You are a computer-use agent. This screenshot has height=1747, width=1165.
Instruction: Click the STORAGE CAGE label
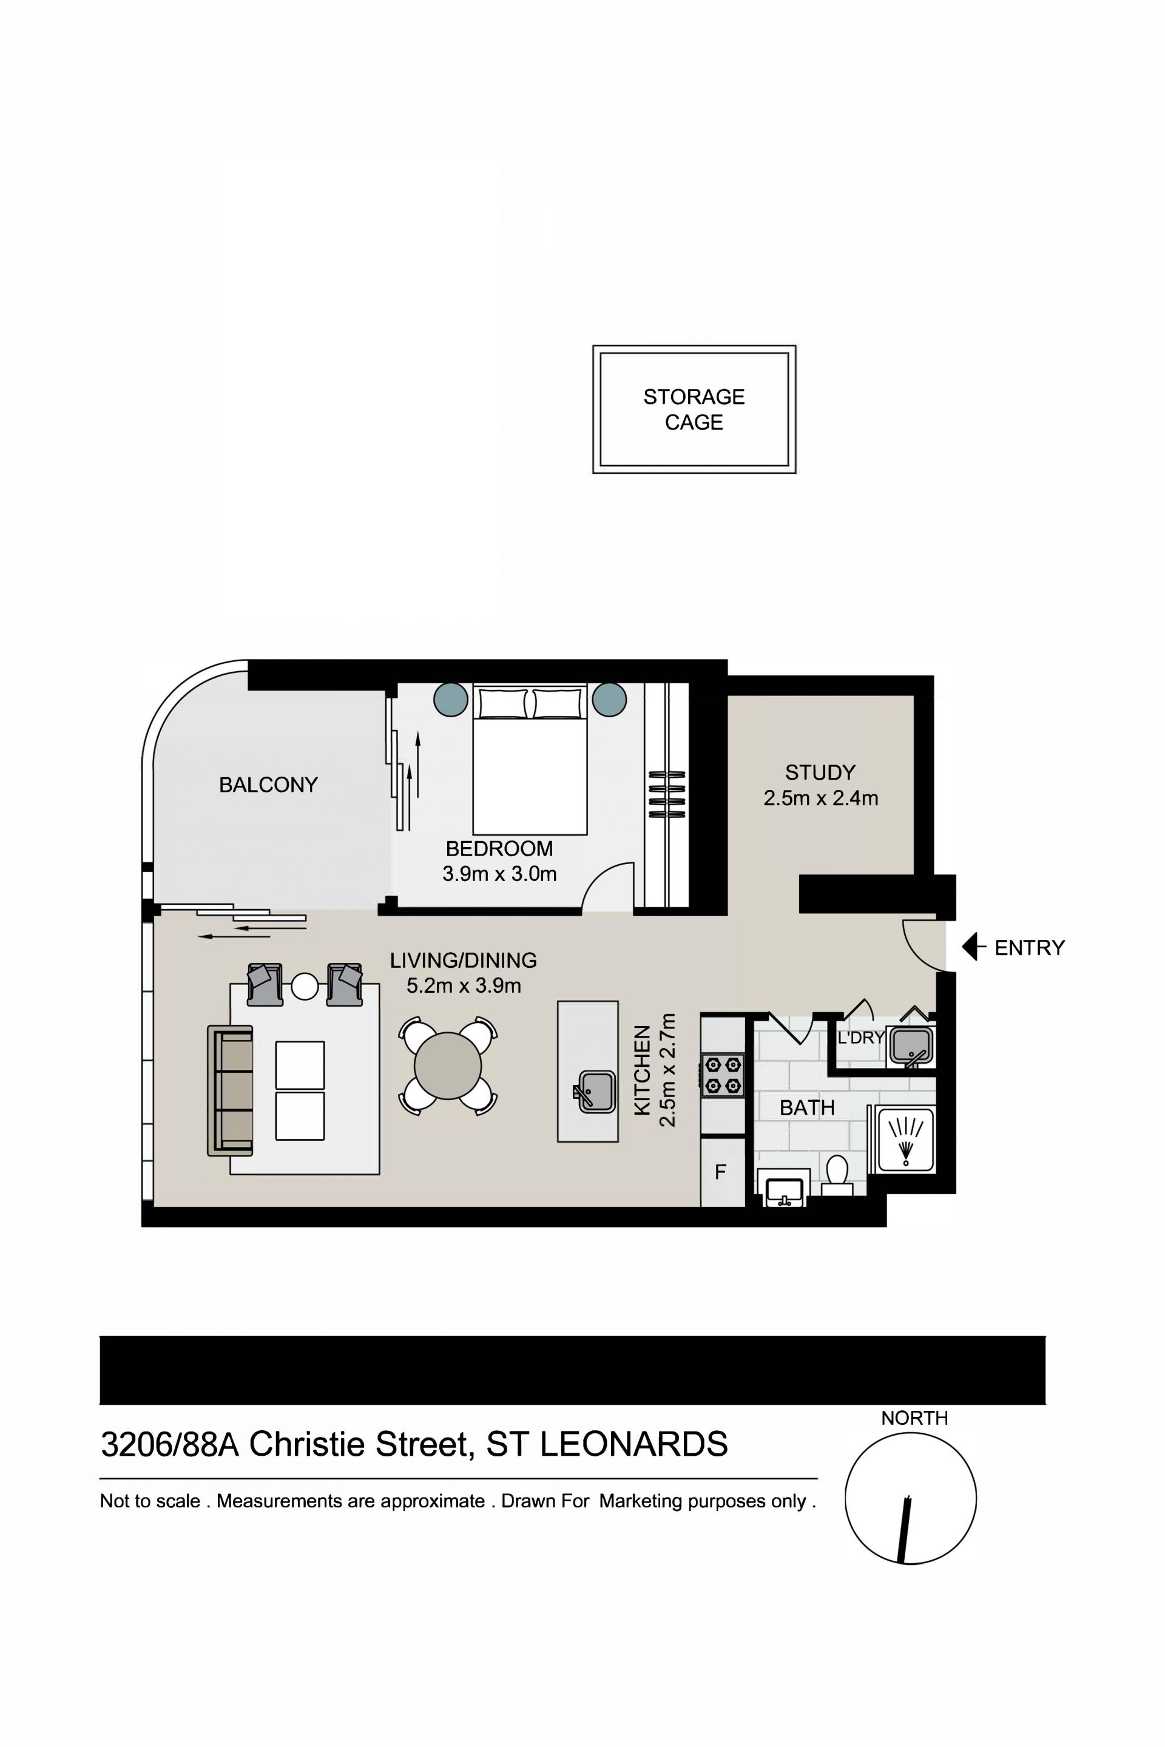[x=694, y=410]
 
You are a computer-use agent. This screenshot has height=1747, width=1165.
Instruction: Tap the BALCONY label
[x=268, y=785]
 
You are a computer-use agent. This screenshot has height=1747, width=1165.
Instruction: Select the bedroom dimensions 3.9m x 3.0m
[x=499, y=874]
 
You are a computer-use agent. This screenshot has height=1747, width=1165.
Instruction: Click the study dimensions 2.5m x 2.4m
[x=821, y=798]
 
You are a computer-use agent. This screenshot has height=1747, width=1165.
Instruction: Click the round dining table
[x=448, y=1066]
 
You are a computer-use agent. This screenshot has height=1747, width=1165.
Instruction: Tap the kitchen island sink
[x=595, y=1092]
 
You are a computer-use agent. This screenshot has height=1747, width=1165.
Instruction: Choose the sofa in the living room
[x=231, y=1091]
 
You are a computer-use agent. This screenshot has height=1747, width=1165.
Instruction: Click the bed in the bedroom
[x=530, y=759]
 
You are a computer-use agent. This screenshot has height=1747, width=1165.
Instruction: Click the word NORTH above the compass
[x=914, y=1418]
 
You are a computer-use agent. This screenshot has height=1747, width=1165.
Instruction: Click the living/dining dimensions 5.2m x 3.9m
[x=464, y=985]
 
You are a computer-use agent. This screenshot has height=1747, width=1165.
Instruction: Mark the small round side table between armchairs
[x=305, y=986]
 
